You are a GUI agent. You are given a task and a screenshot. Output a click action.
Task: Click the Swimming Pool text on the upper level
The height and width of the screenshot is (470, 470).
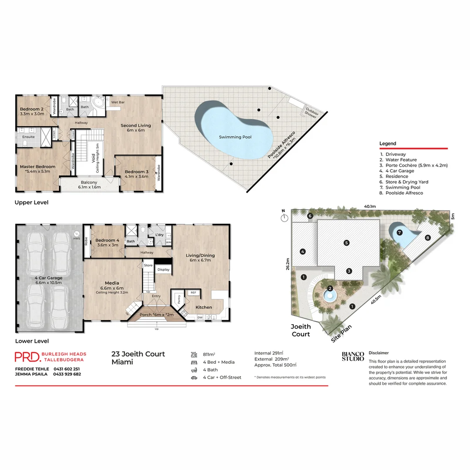pos(235,137)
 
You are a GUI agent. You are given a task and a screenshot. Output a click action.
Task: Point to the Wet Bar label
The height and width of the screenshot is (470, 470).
pos(117,102)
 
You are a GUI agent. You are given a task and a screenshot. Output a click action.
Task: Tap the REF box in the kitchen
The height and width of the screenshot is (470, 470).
pos(193,293)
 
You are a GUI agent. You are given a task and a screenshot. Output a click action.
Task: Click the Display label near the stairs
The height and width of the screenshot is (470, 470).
pos(164,269)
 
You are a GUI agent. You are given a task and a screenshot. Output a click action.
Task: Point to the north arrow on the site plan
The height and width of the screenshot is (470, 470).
pos(283,216)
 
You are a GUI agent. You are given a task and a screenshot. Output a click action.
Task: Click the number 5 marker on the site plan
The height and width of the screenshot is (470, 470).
pos(346,243)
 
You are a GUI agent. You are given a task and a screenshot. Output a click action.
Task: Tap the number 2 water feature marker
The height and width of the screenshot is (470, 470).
pos(330,289)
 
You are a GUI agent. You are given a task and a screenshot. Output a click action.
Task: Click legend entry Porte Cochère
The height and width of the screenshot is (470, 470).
pos(416,165)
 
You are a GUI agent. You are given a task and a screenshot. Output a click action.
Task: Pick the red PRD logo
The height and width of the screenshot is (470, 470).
pos(27,356)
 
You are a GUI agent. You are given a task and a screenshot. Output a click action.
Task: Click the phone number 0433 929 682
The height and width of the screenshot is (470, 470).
pos(67,374)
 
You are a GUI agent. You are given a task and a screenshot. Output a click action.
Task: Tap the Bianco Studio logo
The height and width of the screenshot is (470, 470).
pos(352,356)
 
